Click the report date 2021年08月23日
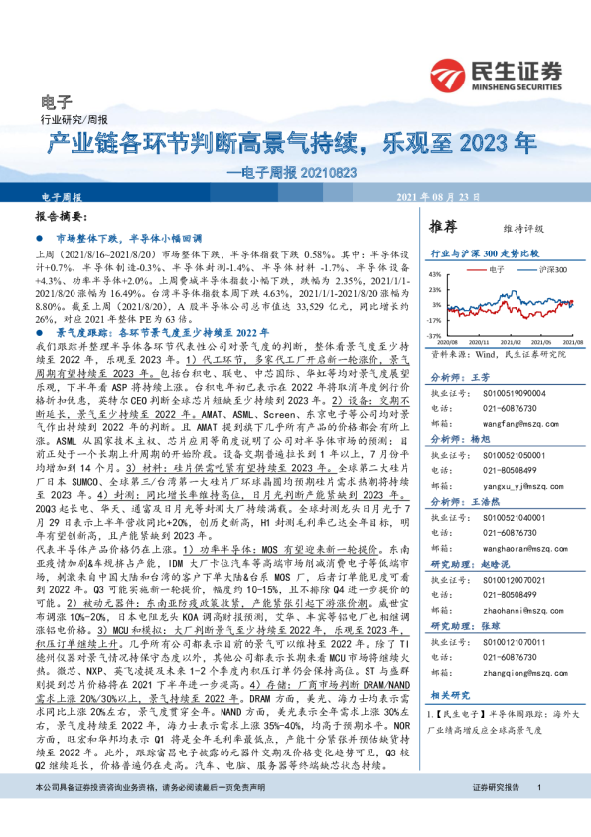click(x=438, y=197)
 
